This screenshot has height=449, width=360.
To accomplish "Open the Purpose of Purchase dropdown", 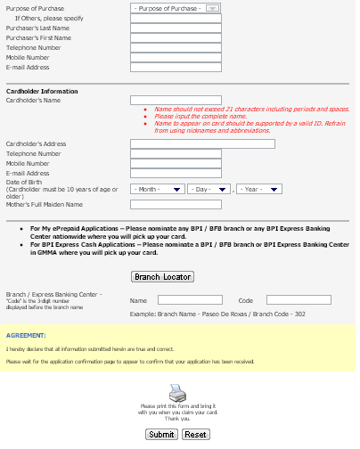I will tap(176, 7).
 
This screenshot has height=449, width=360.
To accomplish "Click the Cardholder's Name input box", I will tap(163, 101).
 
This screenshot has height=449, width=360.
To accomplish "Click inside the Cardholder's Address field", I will tap(202, 143).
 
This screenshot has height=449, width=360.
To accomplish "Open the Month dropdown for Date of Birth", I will tap(158, 189).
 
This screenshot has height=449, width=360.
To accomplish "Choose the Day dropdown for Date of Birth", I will tap(209, 189).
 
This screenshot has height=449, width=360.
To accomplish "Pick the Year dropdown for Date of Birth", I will tap(259, 189).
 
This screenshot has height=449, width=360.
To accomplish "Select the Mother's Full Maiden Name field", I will tap(163, 204).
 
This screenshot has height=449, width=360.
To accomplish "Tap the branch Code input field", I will tap(299, 300).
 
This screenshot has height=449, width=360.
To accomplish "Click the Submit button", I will tap(161, 434).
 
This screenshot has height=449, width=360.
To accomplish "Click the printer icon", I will tap(177, 392).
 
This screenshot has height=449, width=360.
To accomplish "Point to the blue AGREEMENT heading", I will tap(26, 335).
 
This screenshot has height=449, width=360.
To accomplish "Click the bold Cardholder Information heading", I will tap(42, 91).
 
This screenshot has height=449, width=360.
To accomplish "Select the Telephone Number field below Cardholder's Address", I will tap(163, 153).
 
